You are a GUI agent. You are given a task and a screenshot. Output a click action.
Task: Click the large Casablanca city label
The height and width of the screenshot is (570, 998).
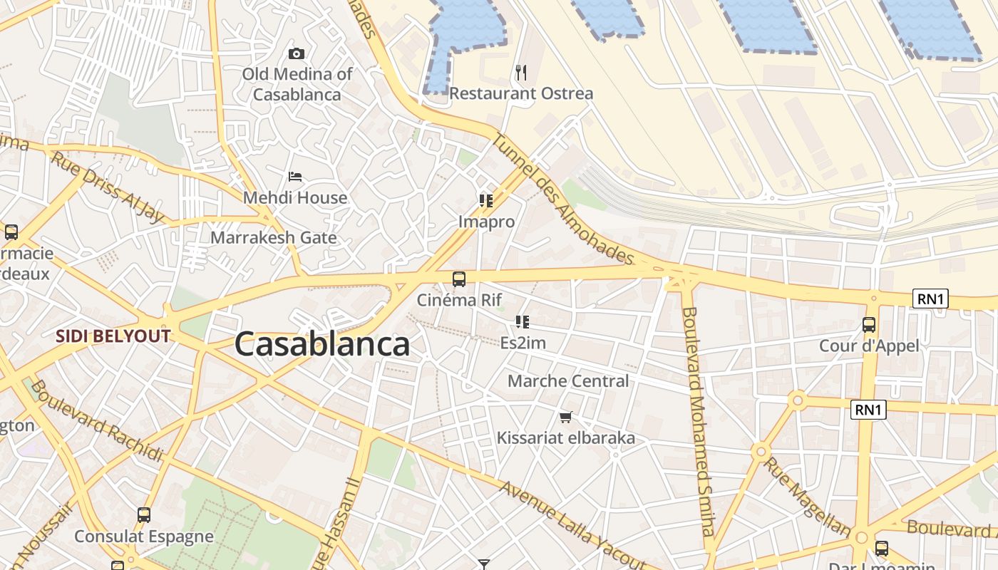(322, 344)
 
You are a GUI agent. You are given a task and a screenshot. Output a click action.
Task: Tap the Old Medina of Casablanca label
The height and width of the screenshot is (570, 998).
(297, 83)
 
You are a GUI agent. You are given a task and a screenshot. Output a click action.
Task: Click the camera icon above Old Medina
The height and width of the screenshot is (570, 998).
(297, 53)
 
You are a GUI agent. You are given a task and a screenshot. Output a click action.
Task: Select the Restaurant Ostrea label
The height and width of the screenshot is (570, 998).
(520, 93)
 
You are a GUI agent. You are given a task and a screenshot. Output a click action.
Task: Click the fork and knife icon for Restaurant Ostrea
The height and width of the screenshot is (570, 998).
(521, 72)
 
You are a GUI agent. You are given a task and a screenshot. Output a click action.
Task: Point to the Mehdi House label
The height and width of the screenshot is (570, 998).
(295, 197)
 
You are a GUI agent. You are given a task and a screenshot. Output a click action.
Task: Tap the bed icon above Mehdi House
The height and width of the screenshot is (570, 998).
(295, 176)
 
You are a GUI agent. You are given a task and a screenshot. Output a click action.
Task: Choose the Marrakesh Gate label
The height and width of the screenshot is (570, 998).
(273, 237)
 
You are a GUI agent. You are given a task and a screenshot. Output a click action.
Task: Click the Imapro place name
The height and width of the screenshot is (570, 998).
(486, 222)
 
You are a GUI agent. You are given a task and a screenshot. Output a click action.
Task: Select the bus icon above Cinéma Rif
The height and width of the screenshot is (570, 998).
(459, 279)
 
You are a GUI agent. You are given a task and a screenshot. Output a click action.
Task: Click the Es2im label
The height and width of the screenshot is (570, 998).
(523, 343)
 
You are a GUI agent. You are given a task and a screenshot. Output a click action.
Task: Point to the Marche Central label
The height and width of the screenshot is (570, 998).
(568, 381)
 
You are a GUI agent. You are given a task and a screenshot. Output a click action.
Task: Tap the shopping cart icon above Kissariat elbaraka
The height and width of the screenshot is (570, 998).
(566, 417)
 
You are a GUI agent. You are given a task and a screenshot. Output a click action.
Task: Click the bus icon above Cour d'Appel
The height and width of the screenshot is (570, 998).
(869, 325)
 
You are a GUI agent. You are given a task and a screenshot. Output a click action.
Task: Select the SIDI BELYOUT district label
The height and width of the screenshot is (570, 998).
(113, 336)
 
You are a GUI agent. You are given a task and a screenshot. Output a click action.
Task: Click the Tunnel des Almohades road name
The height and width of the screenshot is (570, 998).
(562, 199)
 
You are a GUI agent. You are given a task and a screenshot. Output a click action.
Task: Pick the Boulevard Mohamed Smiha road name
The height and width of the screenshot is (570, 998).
(698, 420)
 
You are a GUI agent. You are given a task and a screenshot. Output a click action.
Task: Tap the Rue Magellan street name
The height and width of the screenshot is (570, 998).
(808, 497)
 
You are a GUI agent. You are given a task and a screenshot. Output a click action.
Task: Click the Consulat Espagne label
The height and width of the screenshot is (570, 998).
(144, 537)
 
